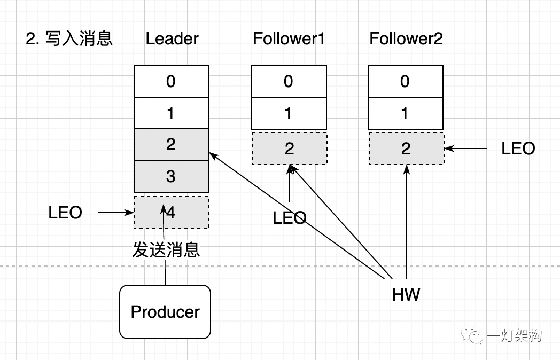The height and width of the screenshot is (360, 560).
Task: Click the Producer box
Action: click(x=165, y=312)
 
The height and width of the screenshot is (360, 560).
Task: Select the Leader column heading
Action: click(x=172, y=39)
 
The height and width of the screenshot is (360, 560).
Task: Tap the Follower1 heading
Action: click(x=289, y=39)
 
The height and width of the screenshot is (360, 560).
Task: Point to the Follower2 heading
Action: click(x=406, y=39)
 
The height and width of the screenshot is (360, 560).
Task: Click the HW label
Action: click(x=406, y=294)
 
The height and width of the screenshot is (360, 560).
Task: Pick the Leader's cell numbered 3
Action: click(x=171, y=176)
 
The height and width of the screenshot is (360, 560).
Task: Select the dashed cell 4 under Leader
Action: click(x=171, y=213)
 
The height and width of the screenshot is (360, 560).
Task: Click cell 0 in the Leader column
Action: click(x=171, y=81)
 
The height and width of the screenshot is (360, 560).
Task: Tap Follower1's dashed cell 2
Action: click(x=289, y=148)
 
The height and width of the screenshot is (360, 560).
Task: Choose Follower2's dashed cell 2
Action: click(x=406, y=148)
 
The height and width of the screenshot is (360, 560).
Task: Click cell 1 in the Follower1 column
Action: click(x=289, y=113)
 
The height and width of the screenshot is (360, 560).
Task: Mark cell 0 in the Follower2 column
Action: click(x=406, y=81)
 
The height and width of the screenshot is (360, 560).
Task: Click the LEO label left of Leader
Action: click(x=65, y=213)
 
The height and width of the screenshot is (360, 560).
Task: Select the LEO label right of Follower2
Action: click(x=518, y=148)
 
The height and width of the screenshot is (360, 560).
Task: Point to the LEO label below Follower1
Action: click(x=289, y=217)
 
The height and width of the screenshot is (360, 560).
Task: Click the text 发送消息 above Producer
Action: click(x=166, y=249)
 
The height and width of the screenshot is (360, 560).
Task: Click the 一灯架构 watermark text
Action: click(x=514, y=335)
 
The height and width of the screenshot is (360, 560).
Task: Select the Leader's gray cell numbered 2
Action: click(x=171, y=144)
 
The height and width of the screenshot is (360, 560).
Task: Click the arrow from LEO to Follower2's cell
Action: click(x=466, y=148)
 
